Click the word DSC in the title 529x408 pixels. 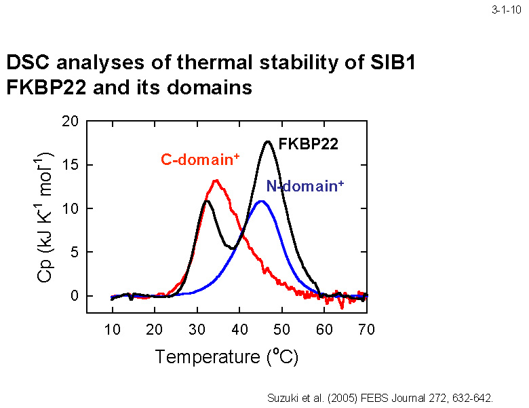point(29,64)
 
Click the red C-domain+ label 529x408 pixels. point(200,160)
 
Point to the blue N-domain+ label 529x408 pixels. point(305,186)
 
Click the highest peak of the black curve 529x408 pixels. point(269,141)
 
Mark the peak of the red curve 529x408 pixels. point(216,181)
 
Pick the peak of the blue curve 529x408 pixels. point(261,201)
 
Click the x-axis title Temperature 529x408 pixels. point(206,356)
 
